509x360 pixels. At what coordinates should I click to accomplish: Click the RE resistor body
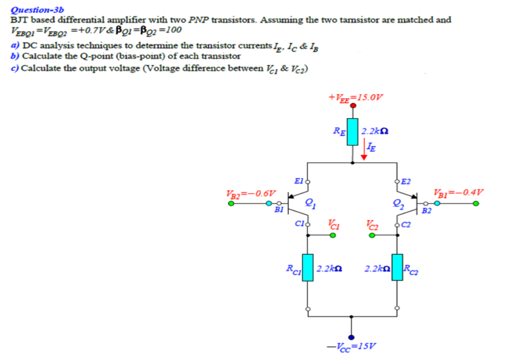click(x=353, y=132)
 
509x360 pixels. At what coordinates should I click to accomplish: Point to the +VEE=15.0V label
click(x=355, y=97)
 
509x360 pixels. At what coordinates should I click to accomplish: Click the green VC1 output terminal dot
click(x=333, y=235)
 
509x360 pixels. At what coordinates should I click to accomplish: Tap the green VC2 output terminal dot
click(x=372, y=235)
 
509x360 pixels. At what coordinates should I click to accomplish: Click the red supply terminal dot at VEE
click(x=353, y=105)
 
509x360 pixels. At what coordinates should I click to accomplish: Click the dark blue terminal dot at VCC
click(x=352, y=338)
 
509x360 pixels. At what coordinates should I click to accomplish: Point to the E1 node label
click(x=299, y=181)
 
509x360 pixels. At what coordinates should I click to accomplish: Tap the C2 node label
click(x=406, y=224)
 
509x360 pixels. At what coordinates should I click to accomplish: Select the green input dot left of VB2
click(x=232, y=204)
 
